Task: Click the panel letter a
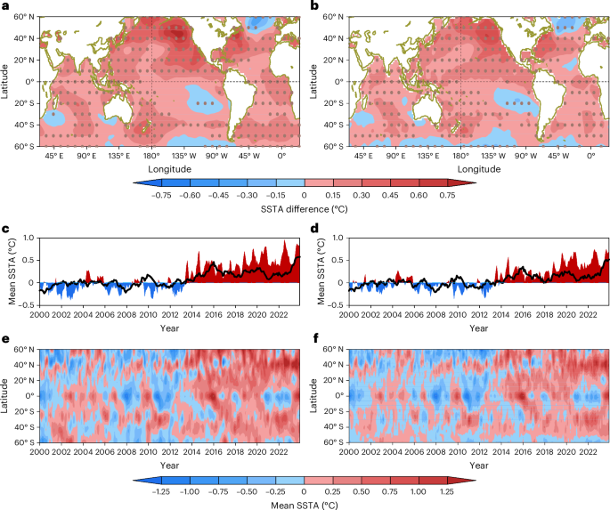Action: click(5, 6)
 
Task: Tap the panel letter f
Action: click(313, 339)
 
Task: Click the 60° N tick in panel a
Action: click(25, 16)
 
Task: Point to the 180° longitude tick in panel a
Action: click(152, 155)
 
